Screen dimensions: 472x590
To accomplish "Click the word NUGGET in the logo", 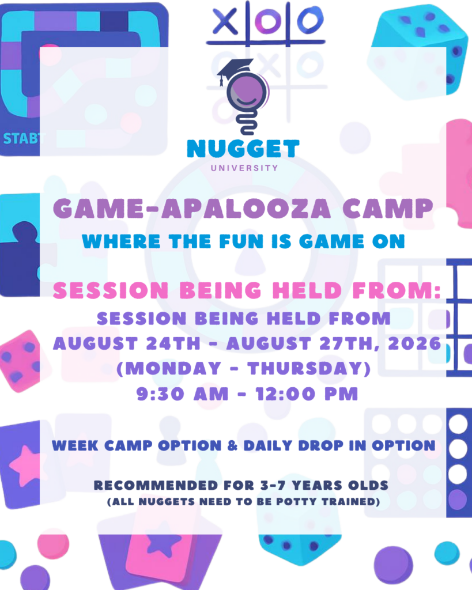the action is click(x=243, y=149).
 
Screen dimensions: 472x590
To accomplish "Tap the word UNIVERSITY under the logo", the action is click(x=244, y=168).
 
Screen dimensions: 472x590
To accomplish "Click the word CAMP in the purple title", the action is click(x=388, y=209).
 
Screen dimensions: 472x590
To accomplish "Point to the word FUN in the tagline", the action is click(x=241, y=241).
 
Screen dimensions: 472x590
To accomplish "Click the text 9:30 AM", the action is click(x=182, y=394).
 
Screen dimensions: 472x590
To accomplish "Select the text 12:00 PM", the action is click(x=307, y=394).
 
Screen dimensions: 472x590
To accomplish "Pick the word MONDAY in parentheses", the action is click(x=173, y=368).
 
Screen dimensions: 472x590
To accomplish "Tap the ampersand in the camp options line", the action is click(x=233, y=445).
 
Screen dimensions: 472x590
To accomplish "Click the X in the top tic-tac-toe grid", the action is click(x=225, y=21).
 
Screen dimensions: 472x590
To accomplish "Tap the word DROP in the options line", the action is click(x=320, y=445).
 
